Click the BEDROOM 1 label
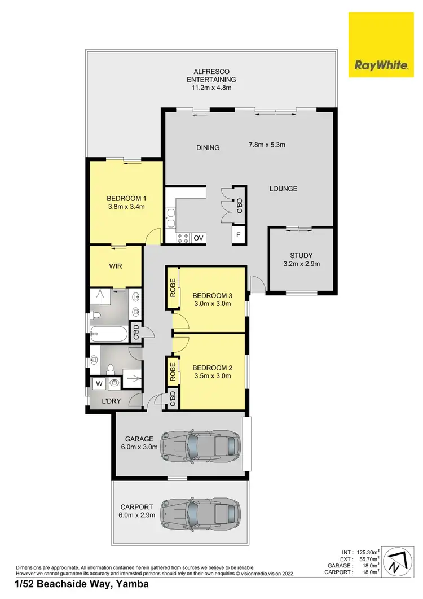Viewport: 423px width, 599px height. pos(126,198)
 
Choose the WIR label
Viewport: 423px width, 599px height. pos(116,266)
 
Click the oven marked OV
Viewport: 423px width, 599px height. pos(198,238)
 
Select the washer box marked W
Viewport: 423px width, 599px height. pos(99,384)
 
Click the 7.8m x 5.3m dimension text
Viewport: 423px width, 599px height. pos(267,145)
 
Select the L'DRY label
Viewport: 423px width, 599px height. pos(112,401)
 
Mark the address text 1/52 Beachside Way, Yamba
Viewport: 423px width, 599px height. pos(82,584)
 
